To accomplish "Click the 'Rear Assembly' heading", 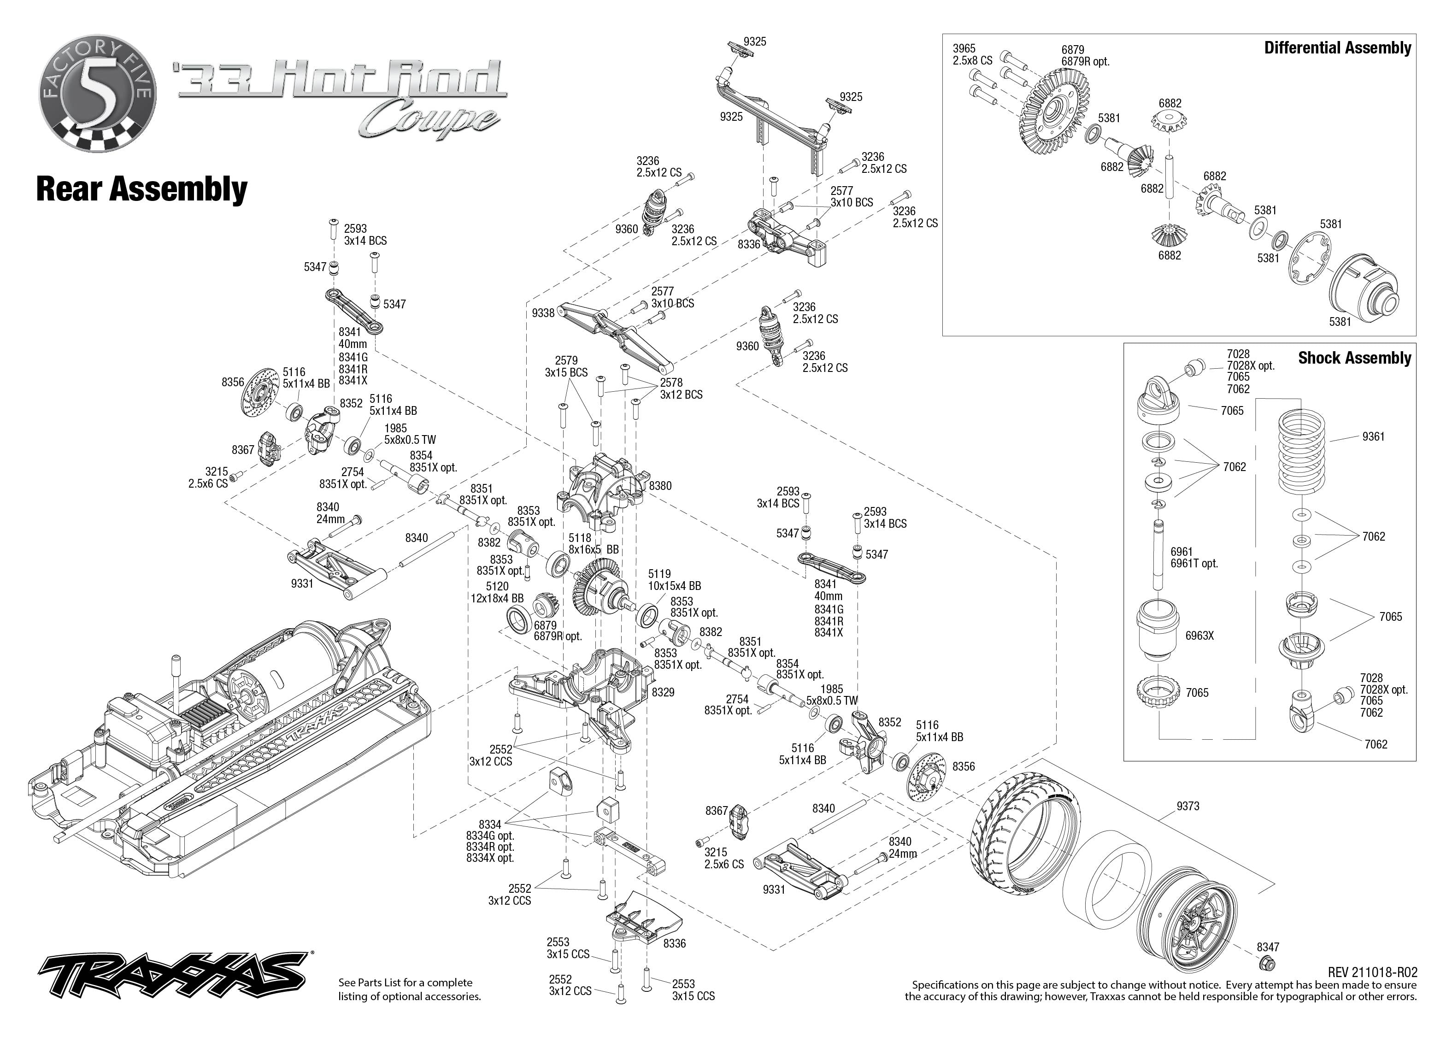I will (141, 189).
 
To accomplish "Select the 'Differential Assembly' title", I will (1337, 48).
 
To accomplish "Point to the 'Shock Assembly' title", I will (1354, 358).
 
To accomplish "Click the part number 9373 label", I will (1188, 807).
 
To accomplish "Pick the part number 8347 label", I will (1268, 947).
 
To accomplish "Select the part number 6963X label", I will (1199, 636).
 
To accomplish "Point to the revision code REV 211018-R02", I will (1372, 972).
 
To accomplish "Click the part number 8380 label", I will (660, 486).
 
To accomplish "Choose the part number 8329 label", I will (663, 692).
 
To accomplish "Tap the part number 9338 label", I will (543, 313).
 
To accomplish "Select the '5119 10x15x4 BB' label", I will (674, 580).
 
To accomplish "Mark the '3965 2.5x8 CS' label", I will (972, 54).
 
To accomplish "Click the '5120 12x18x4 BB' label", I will (497, 592).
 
